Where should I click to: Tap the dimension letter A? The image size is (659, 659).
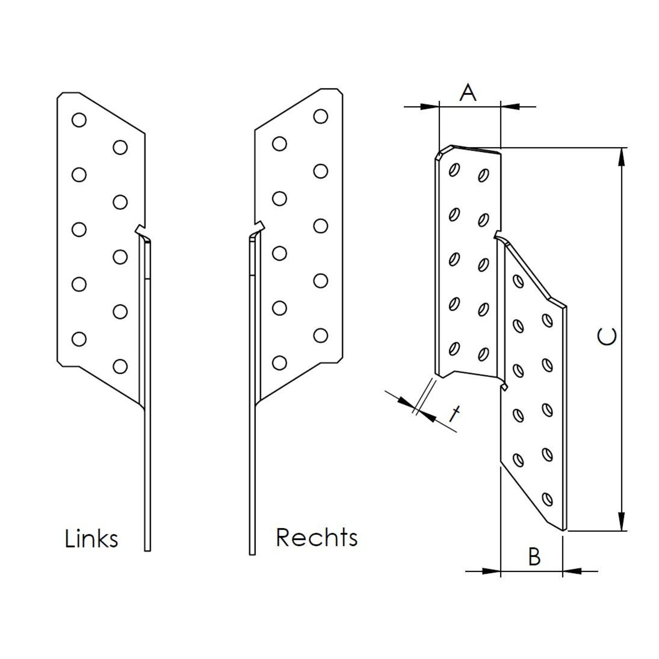pyautogui.click(x=468, y=93)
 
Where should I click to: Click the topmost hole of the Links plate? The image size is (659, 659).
pyautogui.click(x=79, y=120)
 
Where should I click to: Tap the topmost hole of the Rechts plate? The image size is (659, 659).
pyautogui.click(x=321, y=116)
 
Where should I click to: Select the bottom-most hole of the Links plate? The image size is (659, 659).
pyautogui.click(x=120, y=367)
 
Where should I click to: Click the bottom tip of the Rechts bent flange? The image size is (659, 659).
pyautogui.click(x=252, y=563)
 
